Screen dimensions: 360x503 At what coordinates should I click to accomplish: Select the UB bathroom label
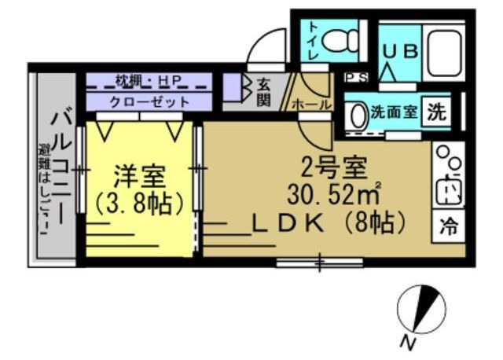coord(400,49)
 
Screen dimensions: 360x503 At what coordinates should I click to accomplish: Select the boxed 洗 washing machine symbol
coord(436,111)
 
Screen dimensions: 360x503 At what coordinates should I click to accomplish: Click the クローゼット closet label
coord(149,102)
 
